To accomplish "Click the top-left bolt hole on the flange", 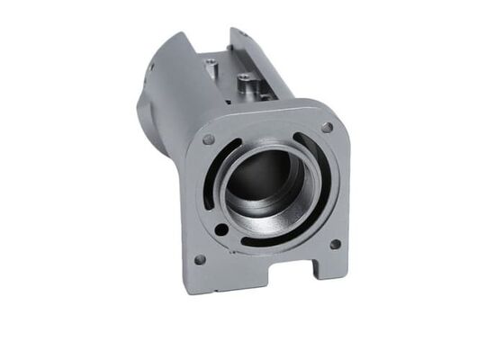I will click(x=209, y=139).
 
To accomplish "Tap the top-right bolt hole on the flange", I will click(x=327, y=127).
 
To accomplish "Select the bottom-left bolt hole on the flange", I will click(x=200, y=259).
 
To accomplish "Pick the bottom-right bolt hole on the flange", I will click(x=335, y=243).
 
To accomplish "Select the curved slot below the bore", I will click(x=270, y=238).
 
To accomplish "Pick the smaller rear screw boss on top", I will click(x=211, y=65).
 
